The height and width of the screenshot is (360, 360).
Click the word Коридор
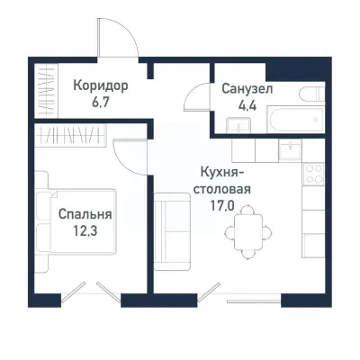point(100,86)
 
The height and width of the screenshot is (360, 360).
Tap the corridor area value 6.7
point(100,103)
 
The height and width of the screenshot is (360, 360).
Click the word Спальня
point(85,215)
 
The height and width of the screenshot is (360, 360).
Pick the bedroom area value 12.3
point(85,231)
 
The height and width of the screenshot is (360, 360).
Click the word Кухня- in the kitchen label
point(222,173)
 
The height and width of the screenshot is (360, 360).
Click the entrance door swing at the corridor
point(117,40)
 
